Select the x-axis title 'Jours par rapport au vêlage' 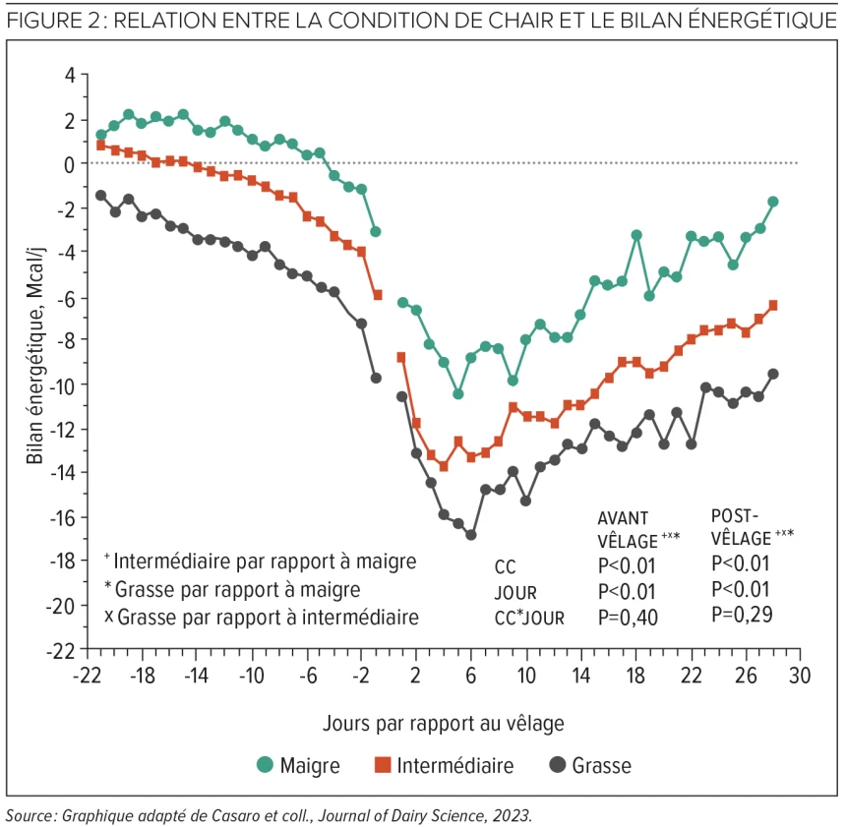pos(443,723)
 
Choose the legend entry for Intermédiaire pos(442,764)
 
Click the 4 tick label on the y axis pos(70,75)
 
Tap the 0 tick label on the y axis pos(70,163)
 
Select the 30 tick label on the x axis pos(801,679)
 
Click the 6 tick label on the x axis pos(470,679)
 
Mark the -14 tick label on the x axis pos(197,679)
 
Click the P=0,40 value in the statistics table pos(627,618)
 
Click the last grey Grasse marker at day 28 pos(773,374)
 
